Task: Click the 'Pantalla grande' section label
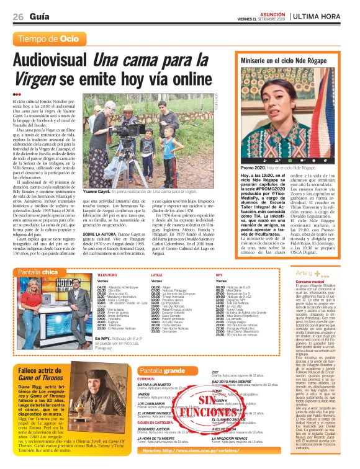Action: [x=162, y=371]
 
